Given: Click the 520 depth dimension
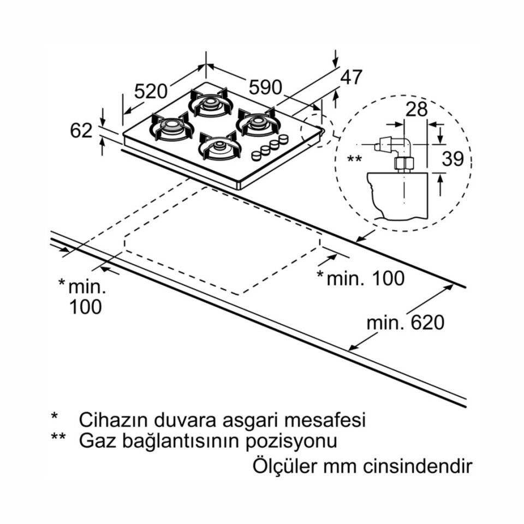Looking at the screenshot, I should (151, 91).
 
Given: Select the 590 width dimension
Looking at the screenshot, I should (265, 87).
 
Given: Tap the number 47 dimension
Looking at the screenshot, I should (351, 78).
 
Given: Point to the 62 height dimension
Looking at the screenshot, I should (81, 131).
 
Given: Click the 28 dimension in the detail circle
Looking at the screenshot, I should (416, 109).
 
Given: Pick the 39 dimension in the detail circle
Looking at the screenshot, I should (452, 159).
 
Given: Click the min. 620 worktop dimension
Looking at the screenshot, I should (405, 323).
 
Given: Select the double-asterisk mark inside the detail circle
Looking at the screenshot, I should (355, 159).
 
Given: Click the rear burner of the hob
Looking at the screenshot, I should (211, 102).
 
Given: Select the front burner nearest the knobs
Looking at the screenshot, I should (219, 146).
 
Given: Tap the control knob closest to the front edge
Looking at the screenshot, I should (255, 156).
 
